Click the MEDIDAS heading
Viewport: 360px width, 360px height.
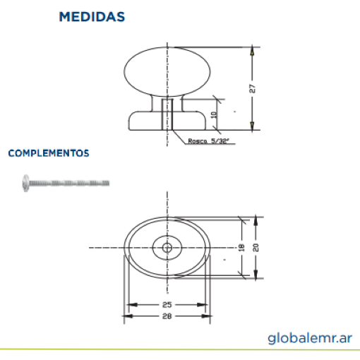point(92,17)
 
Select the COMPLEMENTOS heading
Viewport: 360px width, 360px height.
point(49,153)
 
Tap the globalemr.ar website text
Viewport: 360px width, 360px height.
point(310,339)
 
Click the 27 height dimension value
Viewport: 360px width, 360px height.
point(252,89)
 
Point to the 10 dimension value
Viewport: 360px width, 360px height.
point(214,115)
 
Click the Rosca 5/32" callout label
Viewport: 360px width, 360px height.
point(208,141)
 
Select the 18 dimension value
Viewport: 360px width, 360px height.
point(241,248)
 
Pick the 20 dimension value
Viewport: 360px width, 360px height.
point(256,248)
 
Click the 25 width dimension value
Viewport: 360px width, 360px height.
point(167,305)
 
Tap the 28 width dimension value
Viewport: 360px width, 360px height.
point(167,316)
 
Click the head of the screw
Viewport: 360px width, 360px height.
point(25,183)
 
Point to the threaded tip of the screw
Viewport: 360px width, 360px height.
point(107,183)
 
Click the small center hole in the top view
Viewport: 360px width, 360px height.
point(167,248)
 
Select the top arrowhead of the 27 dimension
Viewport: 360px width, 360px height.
point(252,52)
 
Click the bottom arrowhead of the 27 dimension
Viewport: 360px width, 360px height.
point(252,126)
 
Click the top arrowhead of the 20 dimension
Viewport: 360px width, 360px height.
point(256,221)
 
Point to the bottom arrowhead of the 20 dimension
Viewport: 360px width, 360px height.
point(256,274)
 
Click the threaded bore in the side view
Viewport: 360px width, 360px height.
point(167,114)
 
